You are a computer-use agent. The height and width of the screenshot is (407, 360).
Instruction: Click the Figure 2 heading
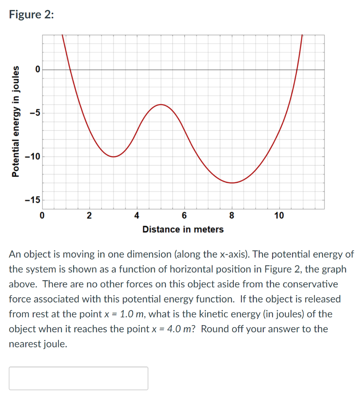click(31, 15)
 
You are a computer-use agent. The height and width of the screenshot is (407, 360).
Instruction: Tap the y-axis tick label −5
click(36, 113)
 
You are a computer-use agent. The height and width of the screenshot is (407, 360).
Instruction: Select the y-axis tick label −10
click(34, 157)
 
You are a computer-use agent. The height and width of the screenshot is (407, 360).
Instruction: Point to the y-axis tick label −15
click(34, 200)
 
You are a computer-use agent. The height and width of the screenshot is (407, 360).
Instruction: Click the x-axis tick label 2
click(89, 216)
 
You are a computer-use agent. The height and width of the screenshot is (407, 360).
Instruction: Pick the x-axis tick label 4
click(137, 216)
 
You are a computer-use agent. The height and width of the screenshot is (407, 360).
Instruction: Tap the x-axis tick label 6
click(184, 216)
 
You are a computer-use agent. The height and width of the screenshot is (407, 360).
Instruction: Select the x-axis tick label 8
click(232, 216)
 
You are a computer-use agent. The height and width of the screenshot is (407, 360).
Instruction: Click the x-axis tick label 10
click(279, 216)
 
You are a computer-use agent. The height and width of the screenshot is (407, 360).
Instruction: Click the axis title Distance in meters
click(183, 229)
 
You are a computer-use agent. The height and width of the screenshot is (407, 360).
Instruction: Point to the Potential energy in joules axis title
click(16, 121)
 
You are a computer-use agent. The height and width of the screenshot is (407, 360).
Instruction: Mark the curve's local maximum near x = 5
click(161, 105)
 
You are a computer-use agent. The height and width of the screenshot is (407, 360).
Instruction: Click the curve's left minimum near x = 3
click(113, 157)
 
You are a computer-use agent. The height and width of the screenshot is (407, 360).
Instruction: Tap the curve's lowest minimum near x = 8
click(232, 183)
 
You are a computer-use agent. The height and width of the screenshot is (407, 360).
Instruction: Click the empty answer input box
click(78, 378)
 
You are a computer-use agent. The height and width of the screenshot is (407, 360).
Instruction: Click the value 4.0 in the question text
click(214, 329)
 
